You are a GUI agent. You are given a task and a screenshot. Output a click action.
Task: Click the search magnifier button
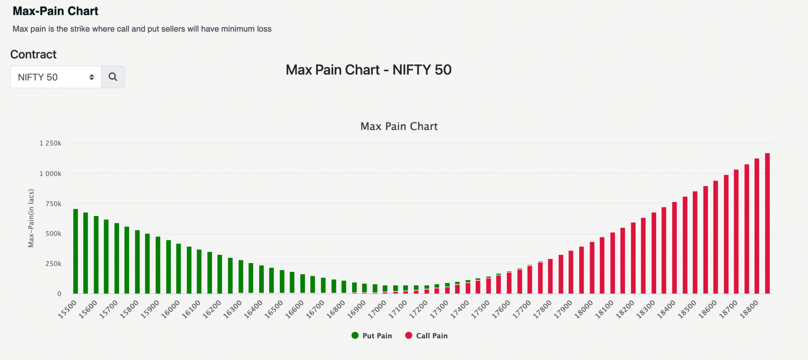coord(113,77)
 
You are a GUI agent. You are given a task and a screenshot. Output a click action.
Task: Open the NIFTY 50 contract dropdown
coord(56,77)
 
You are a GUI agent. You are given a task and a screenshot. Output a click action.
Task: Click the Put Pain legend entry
coord(372,336)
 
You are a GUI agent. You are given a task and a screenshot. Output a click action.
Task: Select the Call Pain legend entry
coord(426,336)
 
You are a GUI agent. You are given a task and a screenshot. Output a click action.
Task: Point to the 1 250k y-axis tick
coord(50,143)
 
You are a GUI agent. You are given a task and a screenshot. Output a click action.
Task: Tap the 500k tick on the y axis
coord(53,233)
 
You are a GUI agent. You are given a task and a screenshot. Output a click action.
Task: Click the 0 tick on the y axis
coord(59,294)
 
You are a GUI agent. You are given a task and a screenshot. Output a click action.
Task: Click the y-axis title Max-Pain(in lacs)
coord(31,218)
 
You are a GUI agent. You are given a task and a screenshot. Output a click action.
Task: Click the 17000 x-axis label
coord(377,309)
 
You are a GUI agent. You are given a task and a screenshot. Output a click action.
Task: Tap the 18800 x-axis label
coord(749,309)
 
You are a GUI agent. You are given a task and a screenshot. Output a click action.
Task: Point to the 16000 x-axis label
coord(170,309)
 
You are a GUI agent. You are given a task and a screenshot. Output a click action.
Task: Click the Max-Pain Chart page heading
coord(55,11)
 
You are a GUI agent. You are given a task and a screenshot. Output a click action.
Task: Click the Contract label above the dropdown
coord(34,54)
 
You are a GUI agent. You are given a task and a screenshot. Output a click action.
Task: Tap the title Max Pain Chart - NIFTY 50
coord(368,70)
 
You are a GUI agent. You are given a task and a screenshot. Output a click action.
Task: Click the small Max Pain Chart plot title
coord(399,126)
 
